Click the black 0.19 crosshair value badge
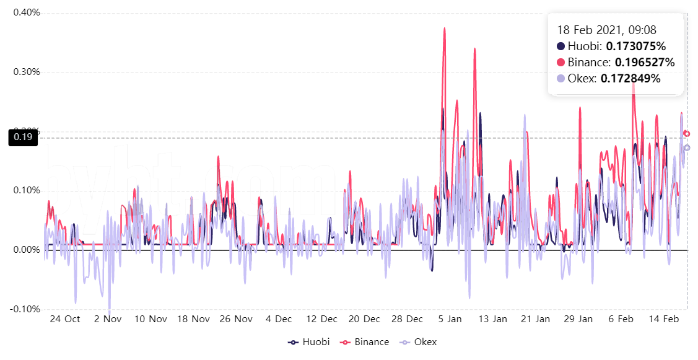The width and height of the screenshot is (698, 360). (22, 138)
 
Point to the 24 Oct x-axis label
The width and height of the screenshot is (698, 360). (64, 319)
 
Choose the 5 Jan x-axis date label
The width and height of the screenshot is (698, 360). (450, 319)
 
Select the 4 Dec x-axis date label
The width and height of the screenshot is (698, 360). (279, 319)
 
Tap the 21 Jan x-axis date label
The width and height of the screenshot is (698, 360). (535, 319)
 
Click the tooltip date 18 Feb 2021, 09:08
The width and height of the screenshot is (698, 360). (606, 30)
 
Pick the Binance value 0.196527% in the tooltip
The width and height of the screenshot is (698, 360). (644, 63)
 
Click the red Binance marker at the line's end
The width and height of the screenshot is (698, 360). (686, 134)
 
